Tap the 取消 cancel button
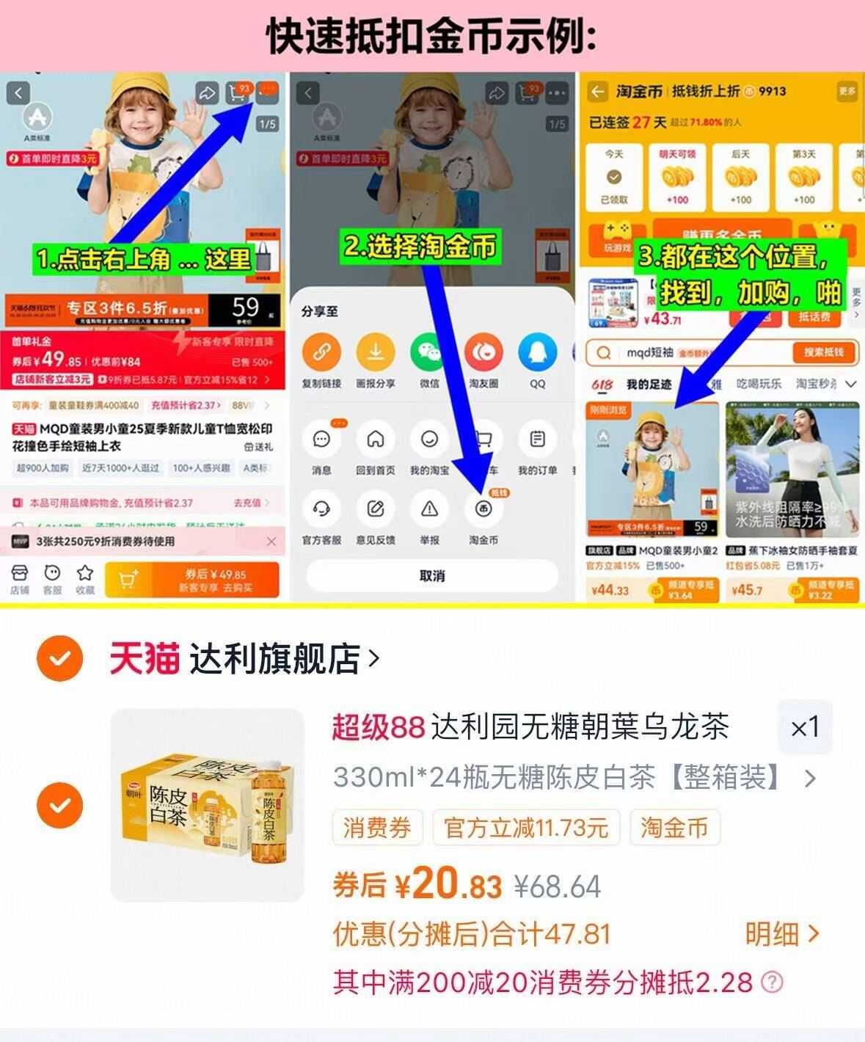431,576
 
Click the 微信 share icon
429,352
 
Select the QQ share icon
537,352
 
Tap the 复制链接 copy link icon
321,352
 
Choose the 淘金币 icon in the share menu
483,509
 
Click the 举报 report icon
429,509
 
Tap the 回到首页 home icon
376,440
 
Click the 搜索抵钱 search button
823,352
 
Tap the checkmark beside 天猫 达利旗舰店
60,658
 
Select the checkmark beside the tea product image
60,805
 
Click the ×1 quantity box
805,728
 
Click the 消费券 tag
377,828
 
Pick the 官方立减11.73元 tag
526,828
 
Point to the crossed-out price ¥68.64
558,886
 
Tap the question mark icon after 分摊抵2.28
772,982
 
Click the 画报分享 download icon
376,352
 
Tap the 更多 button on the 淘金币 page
847,92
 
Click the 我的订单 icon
537,440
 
